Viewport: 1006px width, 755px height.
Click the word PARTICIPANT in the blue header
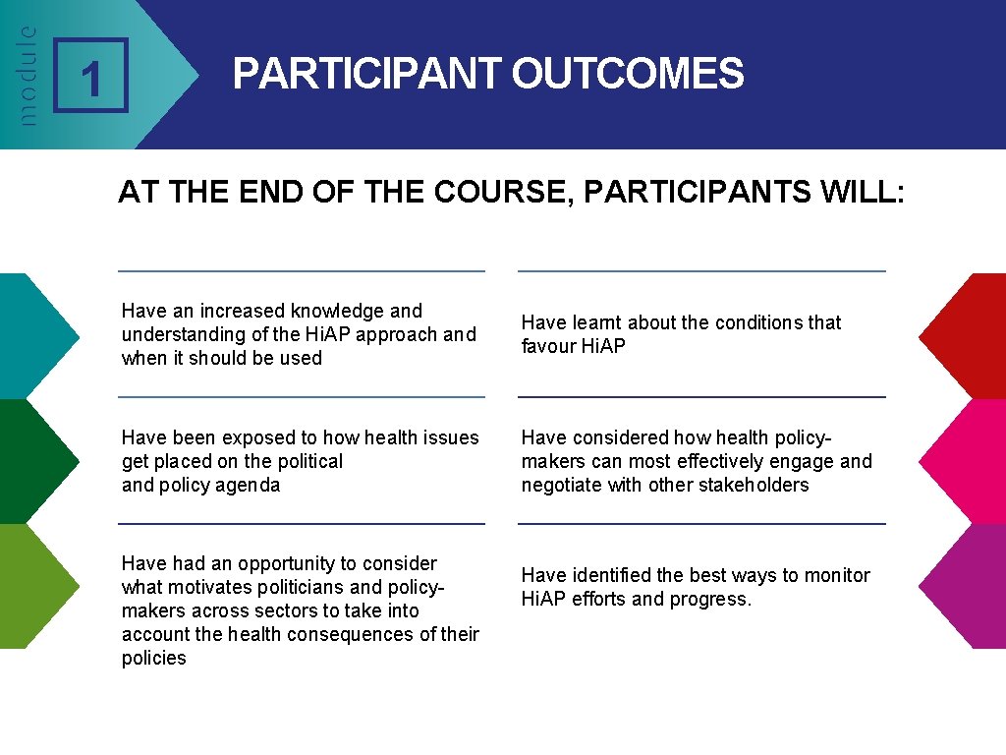coord(366,74)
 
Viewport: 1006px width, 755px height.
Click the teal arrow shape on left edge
coord(34,335)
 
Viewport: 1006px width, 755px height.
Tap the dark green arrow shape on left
coord(34,461)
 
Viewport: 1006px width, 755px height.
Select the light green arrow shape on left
coord(34,586)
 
